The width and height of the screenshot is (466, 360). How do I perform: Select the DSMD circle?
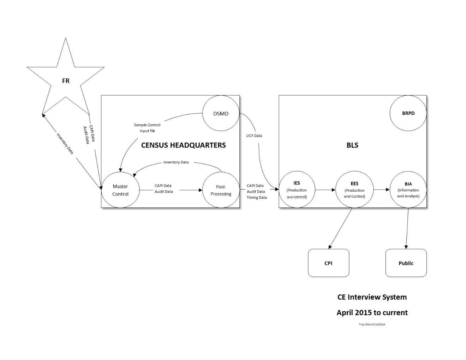click(221, 114)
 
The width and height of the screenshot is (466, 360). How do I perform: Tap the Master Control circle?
click(120, 190)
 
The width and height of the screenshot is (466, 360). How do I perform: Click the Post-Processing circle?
click(221, 190)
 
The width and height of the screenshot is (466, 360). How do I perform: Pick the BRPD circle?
click(408, 113)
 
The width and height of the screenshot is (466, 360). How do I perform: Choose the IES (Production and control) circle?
click(297, 190)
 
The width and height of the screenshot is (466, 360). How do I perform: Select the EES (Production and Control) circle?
click(354, 190)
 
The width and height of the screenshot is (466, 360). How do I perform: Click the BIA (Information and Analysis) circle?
click(408, 190)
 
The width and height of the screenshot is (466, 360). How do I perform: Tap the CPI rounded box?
click(328, 263)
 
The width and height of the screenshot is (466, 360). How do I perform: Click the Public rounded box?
click(406, 263)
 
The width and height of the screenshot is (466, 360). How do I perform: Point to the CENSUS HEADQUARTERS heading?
click(183, 145)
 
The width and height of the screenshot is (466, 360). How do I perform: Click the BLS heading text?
click(352, 145)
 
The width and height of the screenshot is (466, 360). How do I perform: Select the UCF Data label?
click(254, 136)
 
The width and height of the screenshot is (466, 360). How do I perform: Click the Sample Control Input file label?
click(147, 128)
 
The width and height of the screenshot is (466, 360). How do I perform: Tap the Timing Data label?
click(257, 198)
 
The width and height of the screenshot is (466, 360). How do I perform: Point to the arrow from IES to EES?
click(325, 190)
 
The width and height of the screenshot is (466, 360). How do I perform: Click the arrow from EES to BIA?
click(381, 190)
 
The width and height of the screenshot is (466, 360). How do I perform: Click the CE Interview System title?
click(372, 297)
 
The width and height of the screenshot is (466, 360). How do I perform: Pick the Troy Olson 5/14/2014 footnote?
click(372, 324)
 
